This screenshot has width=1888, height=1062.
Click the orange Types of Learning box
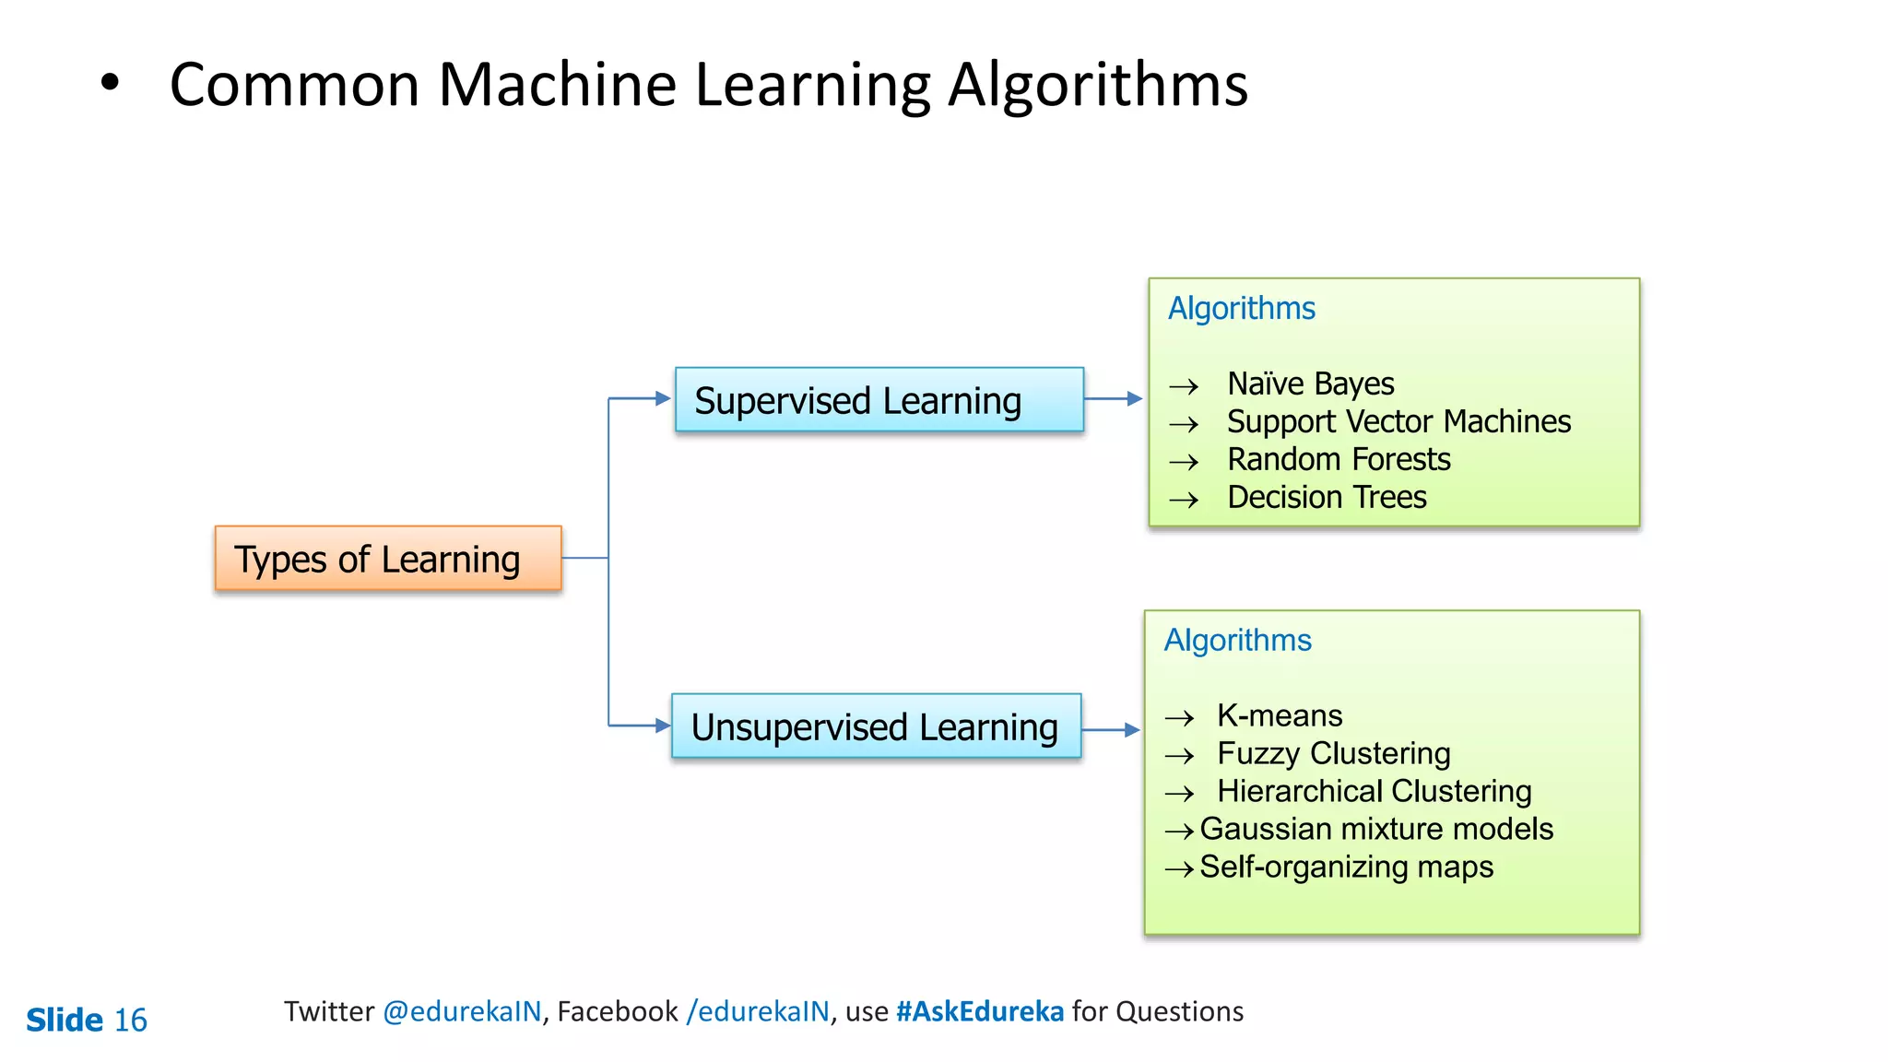[x=388, y=559]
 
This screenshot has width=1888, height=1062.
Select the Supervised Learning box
[x=879, y=400]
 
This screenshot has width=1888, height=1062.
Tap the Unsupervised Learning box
[x=876, y=726]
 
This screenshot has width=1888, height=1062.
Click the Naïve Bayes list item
[x=1310, y=383]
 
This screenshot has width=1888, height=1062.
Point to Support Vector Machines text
[x=1398, y=421]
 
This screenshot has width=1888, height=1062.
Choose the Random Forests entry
[x=1338, y=459]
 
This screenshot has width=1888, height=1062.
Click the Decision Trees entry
[x=1326, y=497]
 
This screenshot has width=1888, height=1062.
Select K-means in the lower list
[x=1279, y=715]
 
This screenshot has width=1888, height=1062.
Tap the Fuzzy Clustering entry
[x=1333, y=753]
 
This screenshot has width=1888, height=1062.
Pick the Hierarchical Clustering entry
[x=1374, y=791]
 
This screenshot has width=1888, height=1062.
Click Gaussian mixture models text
[x=1375, y=829]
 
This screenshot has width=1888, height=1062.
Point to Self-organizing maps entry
[x=1346, y=867]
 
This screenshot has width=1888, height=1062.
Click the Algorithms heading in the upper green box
[x=1241, y=308]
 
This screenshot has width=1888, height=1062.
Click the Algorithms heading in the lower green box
[x=1237, y=640]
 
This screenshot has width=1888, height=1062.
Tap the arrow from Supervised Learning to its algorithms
[x=1114, y=399]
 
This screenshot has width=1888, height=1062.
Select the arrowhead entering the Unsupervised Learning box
[x=663, y=726]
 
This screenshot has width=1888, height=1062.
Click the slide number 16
[x=130, y=1020]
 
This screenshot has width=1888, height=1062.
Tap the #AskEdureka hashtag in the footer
[x=979, y=1011]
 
